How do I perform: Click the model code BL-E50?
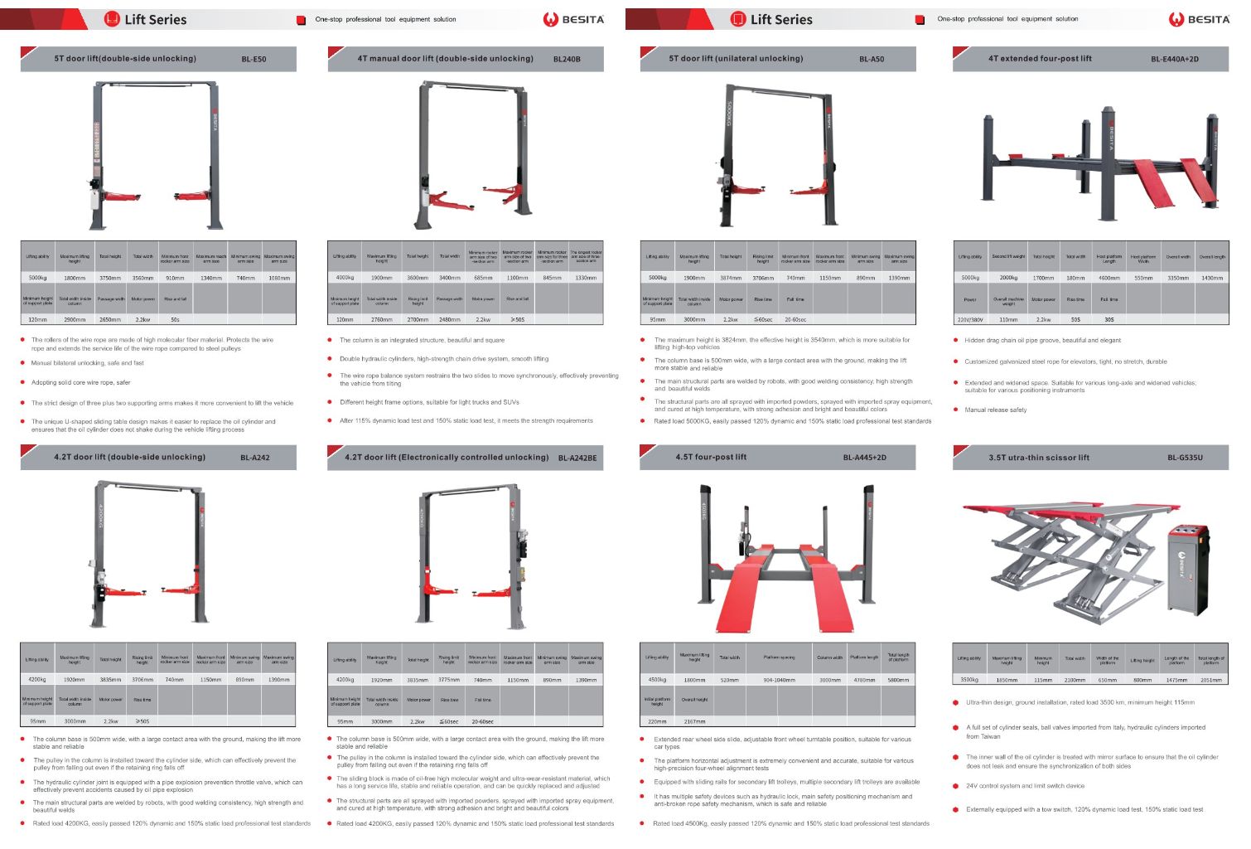pyautogui.click(x=254, y=60)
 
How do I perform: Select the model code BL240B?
pyautogui.click(x=567, y=60)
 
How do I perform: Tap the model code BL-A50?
pyautogui.click(x=872, y=60)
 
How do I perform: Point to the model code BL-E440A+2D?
pyautogui.click(x=1174, y=60)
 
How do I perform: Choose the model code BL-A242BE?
pyautogui.click(x=577, y=458)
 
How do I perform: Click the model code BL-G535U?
pyautogui.click(x=1185, y=458)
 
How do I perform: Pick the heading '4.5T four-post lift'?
pyautogui.click(x=711, y=457)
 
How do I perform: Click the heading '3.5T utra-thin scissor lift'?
pyautogui.click(x=1039, y=458)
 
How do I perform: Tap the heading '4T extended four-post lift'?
pyautogui.click(x=1040, y=59)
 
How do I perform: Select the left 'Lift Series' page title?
pyautogui.click(x=155, y=19)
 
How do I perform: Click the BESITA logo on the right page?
pyautogui.click(x=1199, y=19)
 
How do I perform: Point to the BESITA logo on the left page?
pyautogui.click(x=573, y=19)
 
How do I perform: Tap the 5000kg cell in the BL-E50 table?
pyautogui.click(x=38, y=278)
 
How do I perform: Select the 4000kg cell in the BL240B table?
pyautogui.click(x=345, y=278)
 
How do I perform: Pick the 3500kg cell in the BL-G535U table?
pyautogui.click(x=969, y=680)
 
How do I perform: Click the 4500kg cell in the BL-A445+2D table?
pyautogui.click(x=657, y=680)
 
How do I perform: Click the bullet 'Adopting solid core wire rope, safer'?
pyautogui.click(x=80, y=383)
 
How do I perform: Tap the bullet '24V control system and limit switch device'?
pyautogui.click(x=1025, y=786)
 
